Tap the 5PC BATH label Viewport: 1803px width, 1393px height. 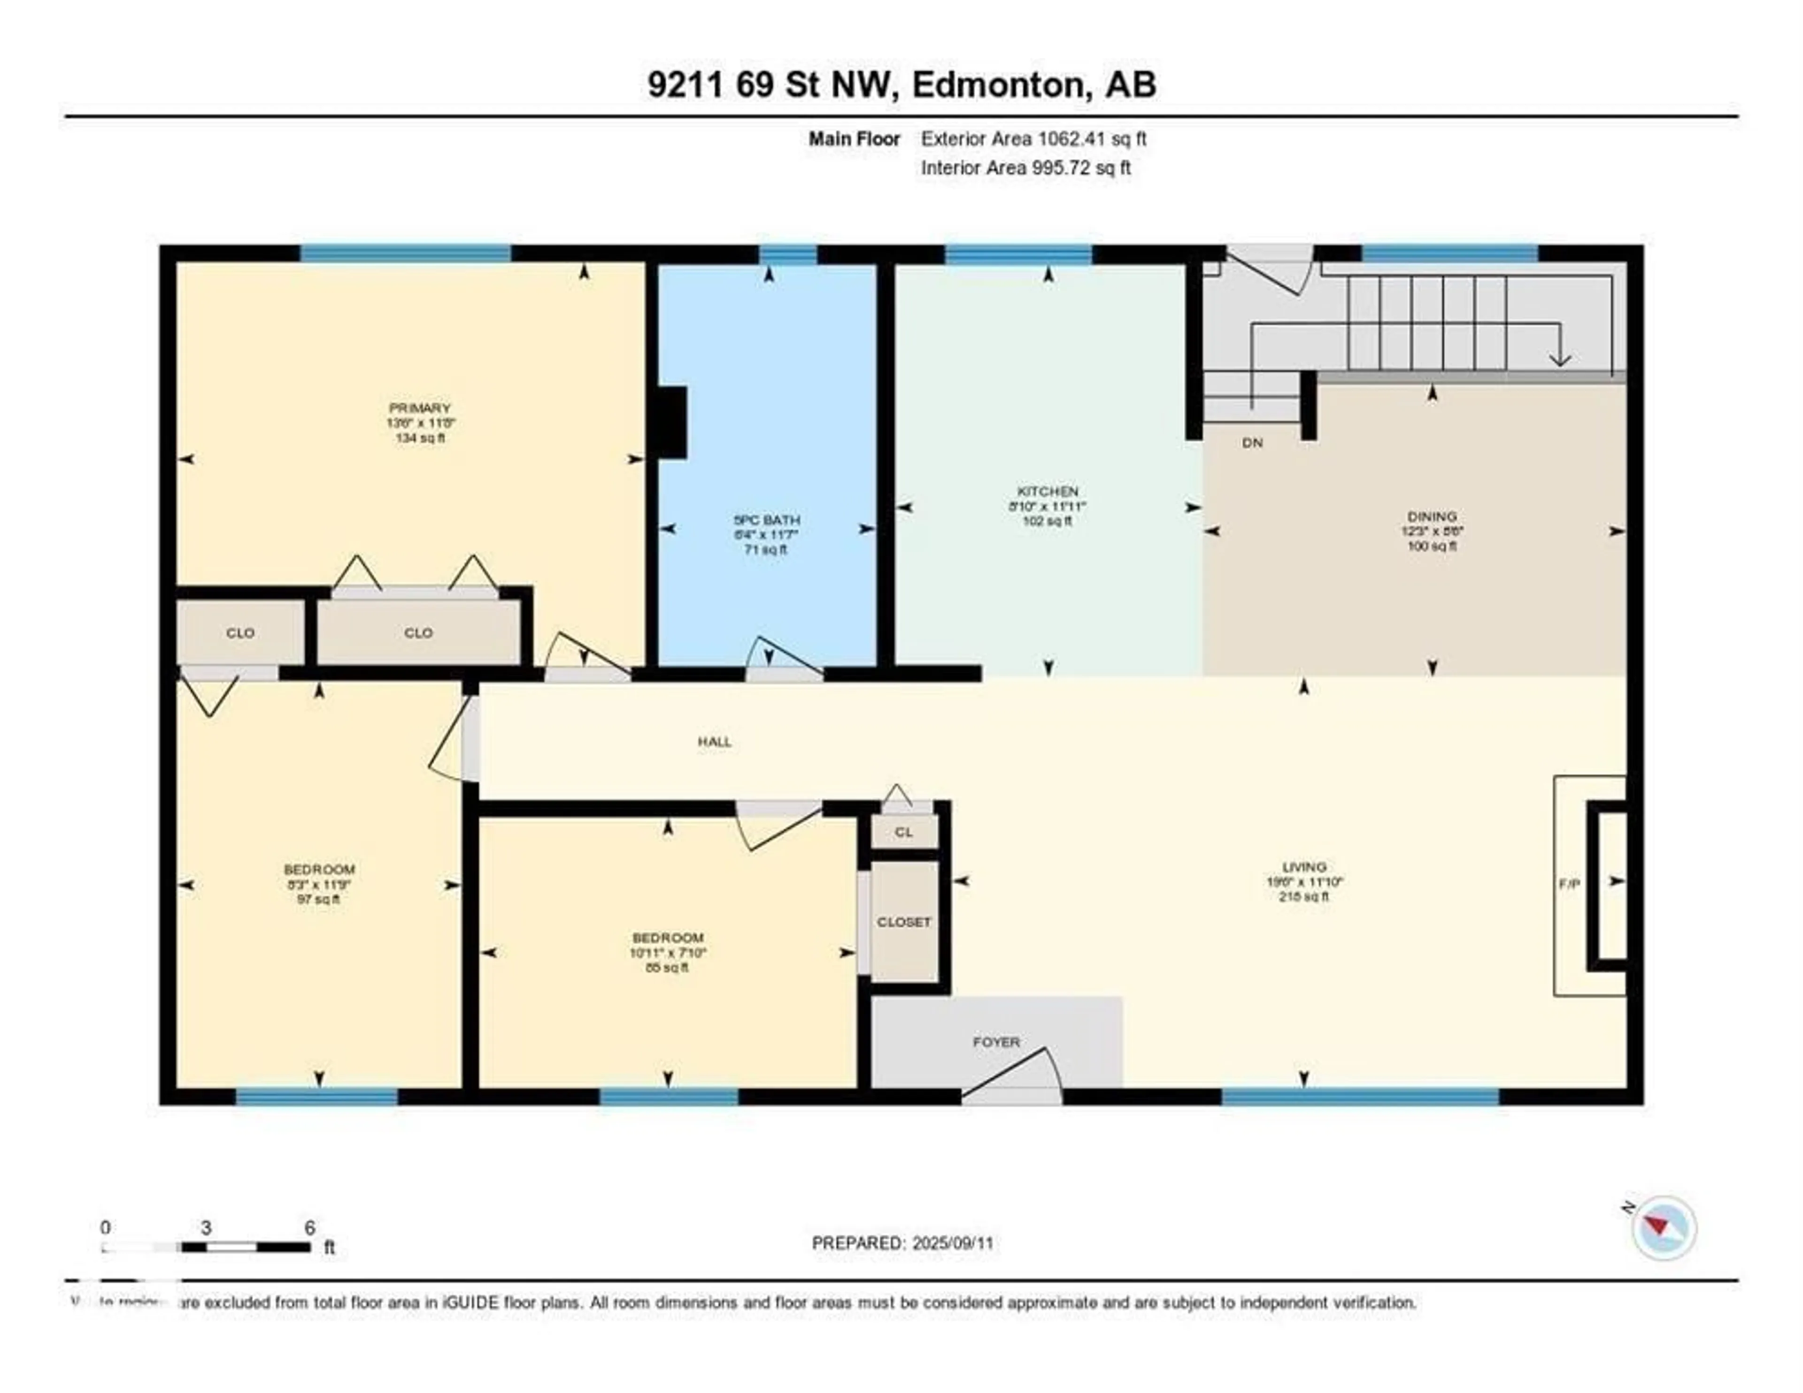coord(767,520)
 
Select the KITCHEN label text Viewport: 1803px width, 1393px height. coord(1048,491)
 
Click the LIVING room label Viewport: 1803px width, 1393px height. coord(1304,867)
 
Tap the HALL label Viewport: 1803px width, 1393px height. coord(714,741)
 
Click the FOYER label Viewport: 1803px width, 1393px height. coord(995,1042)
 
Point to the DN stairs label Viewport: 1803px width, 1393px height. coord(1252,443)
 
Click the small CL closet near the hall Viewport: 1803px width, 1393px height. coord(904,831)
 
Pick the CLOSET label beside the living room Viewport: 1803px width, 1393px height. coord(904,922)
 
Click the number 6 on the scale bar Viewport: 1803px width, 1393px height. coord(309,1228)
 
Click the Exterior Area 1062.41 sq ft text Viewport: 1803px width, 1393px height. coord(1033,139)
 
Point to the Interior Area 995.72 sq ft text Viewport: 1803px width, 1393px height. coord(1025,168)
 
